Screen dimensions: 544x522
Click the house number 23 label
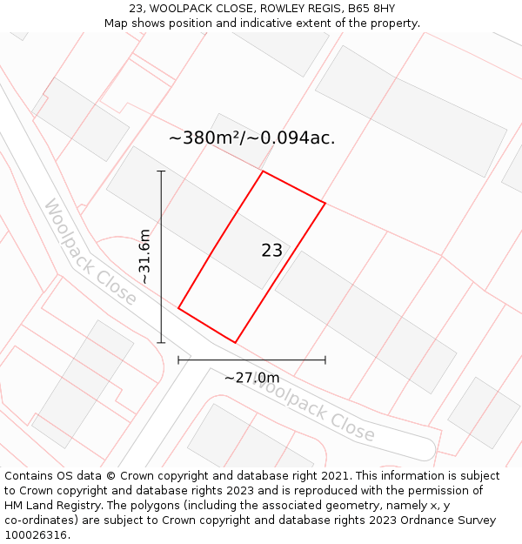[271, 251]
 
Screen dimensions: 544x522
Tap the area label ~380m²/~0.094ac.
[251, 138]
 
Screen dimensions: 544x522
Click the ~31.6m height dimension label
[144, 256]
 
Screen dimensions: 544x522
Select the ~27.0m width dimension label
[251, 378]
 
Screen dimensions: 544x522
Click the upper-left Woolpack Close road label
[90, 252]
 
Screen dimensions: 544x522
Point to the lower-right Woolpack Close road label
[313, 412]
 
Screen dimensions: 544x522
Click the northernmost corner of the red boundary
[263, 171]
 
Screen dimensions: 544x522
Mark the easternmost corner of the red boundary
[325, 204]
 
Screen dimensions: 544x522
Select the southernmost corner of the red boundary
[235, 343]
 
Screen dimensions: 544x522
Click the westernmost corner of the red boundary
[178, 308]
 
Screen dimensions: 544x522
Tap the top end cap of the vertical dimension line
[161, 171]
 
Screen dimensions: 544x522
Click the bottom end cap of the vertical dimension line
[161, 343]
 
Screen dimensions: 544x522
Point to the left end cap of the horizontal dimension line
[178, 359]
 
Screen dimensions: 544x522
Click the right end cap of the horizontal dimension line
[325, 359]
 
